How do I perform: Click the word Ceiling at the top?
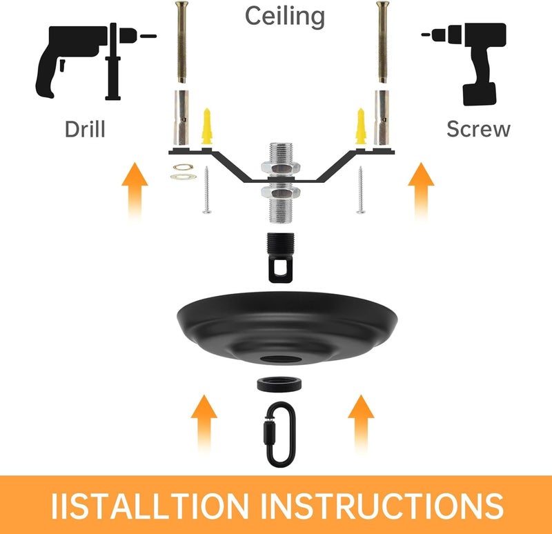point(284,16)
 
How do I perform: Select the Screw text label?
point(477,129)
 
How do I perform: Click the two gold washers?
point(183,172)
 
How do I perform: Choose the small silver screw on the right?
point(359,192)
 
